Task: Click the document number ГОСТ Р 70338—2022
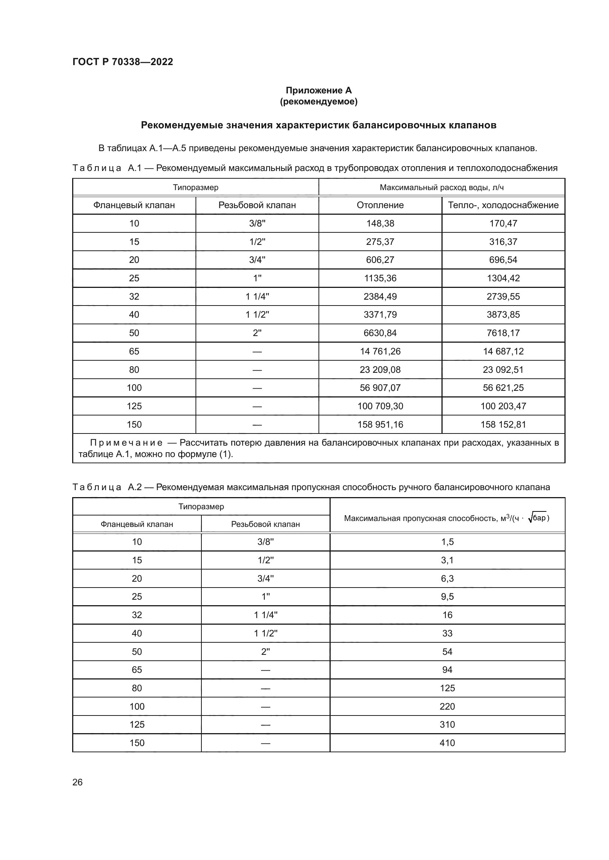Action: (123, 62)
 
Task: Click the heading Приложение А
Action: (318, 90)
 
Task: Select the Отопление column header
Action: (380, 205)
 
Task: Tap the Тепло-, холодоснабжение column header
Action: (503, 205)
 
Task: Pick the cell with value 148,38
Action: (380, 223)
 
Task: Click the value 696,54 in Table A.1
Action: (503, 260)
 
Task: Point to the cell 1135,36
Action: (380, 278)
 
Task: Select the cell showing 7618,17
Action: (503, 333)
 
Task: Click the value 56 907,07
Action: (380, 388)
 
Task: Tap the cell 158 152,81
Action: (503, 424)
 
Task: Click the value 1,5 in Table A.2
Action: (447, 542)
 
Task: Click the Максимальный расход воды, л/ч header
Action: (441, 187)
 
